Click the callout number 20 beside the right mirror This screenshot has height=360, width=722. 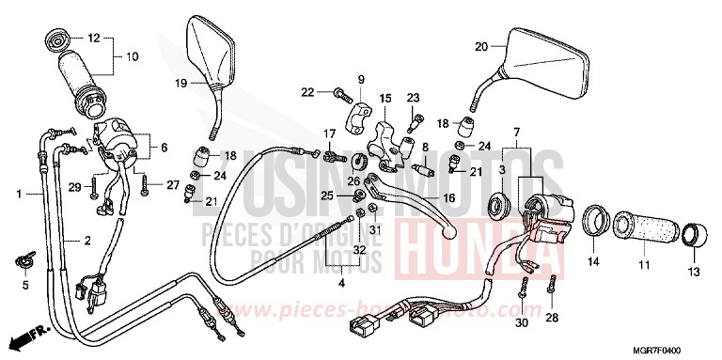click(x=480, y=46)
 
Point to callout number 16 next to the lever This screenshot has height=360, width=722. click(x=447, y=198)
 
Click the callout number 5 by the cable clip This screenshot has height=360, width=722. click(x=25, y=285)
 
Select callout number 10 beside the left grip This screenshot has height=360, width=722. click(x=131, y=57)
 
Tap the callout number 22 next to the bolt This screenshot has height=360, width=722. click(x=306, y=91)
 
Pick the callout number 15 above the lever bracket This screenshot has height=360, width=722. click(x=385, y=98)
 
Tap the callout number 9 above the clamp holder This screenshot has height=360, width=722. click(x=360, y=78)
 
